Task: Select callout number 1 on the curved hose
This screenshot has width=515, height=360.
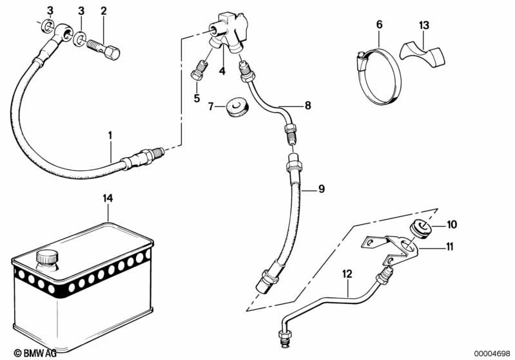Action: click(x=110, y=135)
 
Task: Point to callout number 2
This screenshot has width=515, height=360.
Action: click(x=104, y=12)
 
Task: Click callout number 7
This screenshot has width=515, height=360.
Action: click(x=211, y=106)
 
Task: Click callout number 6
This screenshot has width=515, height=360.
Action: click(x=379, y=24)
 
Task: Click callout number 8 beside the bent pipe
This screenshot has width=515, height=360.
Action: click(x=307, y=104)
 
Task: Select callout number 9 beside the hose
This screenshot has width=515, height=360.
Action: click(x=322, y=189)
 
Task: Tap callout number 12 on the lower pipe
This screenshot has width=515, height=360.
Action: click(x=347, y=274)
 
